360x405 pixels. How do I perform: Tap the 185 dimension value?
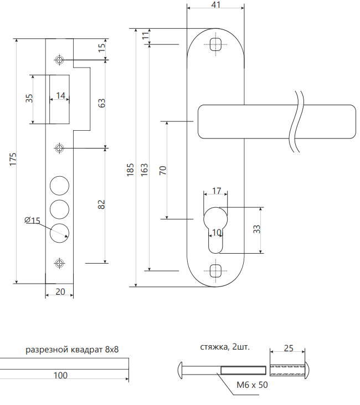point(130,169)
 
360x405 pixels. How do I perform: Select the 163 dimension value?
point(144,169)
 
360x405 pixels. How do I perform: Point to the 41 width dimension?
point(216,5)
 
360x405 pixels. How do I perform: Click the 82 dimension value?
point(101,204)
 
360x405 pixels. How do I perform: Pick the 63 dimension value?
point(101,103)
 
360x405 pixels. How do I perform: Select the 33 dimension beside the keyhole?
point(257,229)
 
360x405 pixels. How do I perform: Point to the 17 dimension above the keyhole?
point(217,191)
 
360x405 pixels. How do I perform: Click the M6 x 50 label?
point(252,385)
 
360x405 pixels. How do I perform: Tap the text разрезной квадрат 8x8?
point(73,350)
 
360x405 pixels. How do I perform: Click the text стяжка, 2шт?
point(225,347)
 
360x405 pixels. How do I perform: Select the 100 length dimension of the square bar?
point(60,376)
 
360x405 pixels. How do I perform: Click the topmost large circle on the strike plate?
point(59,184)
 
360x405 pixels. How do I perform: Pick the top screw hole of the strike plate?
point(59,59)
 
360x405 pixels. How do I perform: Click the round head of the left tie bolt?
point(181,370)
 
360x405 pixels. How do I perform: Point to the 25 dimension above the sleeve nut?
point(288,348)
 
